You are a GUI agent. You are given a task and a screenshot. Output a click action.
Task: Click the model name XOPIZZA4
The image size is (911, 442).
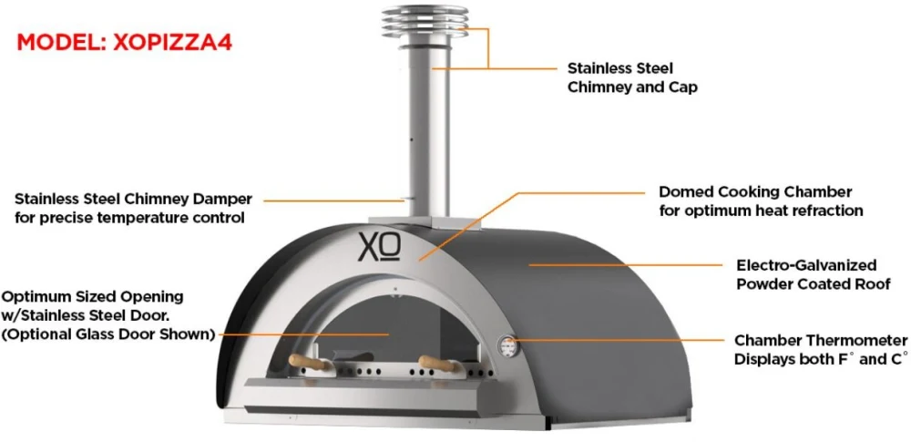point(172,43)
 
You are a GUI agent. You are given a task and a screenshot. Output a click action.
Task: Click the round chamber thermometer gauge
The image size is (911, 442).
point(507,347)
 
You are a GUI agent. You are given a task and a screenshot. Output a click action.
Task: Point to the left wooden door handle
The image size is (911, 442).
point(308,363)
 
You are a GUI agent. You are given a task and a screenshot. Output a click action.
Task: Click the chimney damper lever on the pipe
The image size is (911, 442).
point(410,200)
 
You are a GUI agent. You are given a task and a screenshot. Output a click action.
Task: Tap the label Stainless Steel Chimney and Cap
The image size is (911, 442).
point(632,78)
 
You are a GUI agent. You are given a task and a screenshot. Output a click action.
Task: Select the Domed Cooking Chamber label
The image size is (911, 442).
point(761,200)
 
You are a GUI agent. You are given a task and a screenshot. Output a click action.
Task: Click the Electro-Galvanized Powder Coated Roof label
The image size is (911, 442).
point(814,274)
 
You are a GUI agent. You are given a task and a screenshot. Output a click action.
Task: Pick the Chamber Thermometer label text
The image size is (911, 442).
point(821,350)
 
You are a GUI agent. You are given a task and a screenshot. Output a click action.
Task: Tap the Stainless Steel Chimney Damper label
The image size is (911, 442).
point(134,208)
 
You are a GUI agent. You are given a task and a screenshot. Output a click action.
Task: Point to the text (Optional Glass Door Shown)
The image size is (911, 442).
point(108,335)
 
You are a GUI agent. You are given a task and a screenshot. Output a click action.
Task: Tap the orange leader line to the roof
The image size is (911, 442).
point(625,264)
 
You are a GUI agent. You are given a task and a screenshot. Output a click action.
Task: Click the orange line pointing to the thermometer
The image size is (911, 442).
point(617,340)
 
